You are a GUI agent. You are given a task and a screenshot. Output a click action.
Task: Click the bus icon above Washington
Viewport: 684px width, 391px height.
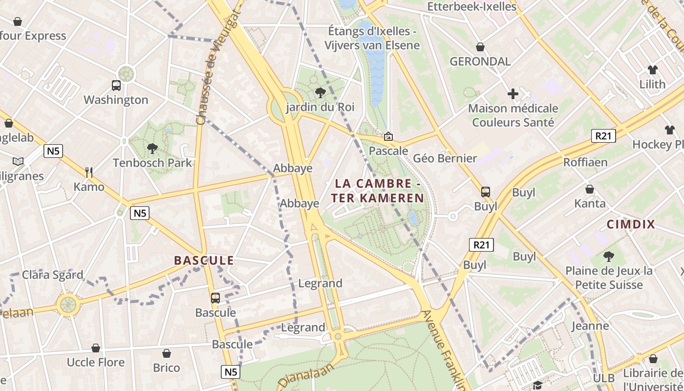(x=116, y=86)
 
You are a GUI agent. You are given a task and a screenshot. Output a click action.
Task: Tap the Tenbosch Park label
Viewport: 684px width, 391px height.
(x=152, y=163)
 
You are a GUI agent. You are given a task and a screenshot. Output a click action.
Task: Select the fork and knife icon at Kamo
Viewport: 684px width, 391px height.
(x=88, y=172)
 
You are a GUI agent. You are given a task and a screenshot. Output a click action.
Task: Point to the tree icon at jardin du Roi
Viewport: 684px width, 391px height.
(x=320, y=92)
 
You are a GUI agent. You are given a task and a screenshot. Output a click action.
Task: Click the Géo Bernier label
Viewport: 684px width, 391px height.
(x=445, y=158)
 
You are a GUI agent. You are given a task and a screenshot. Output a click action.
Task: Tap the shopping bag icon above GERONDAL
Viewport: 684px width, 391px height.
(x=480, y=47)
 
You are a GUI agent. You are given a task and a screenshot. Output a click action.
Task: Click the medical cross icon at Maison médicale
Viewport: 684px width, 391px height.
(x=513, y=93)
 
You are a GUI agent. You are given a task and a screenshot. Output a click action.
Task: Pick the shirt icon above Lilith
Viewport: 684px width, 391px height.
(x=652, y=69)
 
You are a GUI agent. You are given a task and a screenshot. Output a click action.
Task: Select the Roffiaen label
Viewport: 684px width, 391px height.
(x=585, y=162)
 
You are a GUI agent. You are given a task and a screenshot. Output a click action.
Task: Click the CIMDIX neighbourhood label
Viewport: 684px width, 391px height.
(x=630, y=224)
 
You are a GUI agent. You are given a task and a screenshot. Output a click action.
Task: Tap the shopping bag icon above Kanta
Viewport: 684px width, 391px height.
(x=590, y=189)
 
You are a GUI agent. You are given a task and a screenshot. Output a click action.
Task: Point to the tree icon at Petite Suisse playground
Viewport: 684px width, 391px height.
(x=608, y=256)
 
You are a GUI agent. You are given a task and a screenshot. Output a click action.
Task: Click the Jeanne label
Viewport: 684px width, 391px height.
(x=590, y=326)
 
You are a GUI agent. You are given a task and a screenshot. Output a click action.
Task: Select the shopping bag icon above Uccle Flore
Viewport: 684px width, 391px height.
(x=96, y=348)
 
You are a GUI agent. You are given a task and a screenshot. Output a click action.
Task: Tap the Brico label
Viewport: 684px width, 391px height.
(x=167, y=368)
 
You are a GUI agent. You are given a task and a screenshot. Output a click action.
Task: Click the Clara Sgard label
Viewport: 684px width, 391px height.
(x=53, y=274)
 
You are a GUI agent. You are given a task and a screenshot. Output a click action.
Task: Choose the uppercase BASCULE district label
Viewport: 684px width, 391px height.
(x=204, y=261)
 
